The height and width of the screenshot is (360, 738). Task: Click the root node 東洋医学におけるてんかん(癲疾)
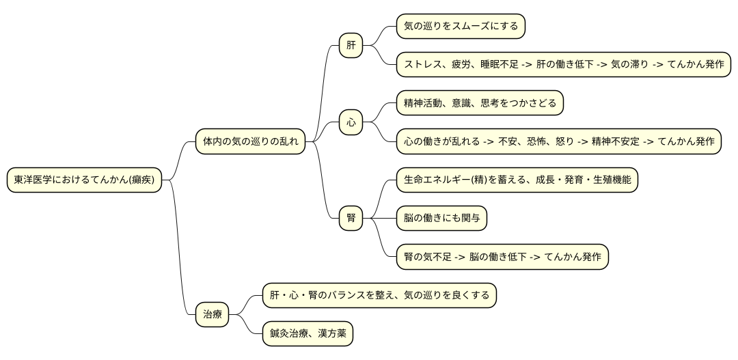coord(84,180)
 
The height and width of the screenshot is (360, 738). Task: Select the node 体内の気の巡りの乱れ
coord(250,141)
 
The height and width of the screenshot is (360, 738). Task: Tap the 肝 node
coord(351,46)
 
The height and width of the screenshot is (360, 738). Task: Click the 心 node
coord(351,123)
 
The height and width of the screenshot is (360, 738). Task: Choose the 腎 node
coord(351,219)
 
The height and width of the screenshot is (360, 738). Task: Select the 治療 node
coord(212,315)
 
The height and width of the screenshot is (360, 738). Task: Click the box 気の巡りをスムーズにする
coord(461,27)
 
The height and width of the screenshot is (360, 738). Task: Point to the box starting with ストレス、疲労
coord(563,65)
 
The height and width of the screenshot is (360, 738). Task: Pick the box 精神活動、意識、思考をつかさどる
coord(480,103)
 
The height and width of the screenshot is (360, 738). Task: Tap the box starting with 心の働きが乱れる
coord(558,141)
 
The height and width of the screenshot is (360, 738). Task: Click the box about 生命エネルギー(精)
coord(517,180)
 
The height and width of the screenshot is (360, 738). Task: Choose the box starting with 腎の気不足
coord(502,257)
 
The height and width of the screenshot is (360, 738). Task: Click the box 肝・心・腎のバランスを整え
coord(379,296)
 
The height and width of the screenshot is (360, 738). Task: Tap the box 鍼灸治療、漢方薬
coord(307,334)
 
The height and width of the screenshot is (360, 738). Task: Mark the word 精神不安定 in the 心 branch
coord(616,141)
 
